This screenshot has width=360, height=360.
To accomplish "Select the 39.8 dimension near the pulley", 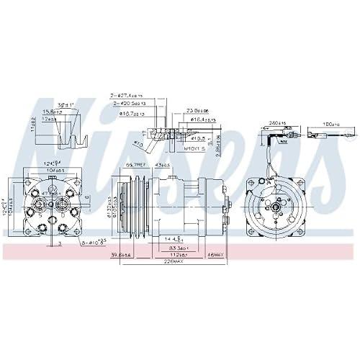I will click(120, 254).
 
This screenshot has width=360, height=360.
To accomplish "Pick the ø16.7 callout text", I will click(129, 114).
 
